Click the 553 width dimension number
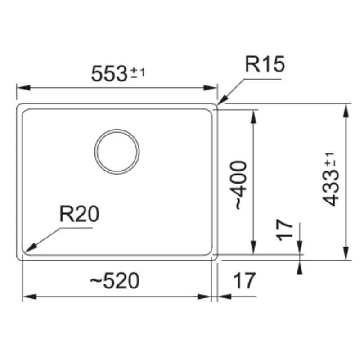[x=109, y=73]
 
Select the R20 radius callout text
[x=79, y=215]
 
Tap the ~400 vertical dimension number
[x=240, y=184]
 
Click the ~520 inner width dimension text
[x=115, y=281]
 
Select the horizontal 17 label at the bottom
[x=244, y=281]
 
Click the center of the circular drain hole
[x=117, y=151]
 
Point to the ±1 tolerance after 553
[x=137, y=72]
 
